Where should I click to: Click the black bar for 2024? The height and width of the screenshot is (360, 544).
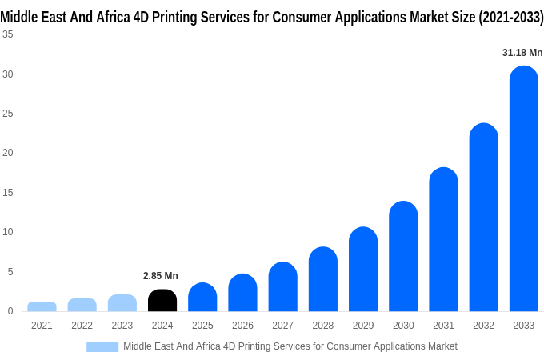(162, 301)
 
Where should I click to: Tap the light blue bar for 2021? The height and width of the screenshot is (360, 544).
(42, 306)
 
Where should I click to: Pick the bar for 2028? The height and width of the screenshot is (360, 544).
(322, 279)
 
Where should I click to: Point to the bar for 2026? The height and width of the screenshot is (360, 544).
(242, 293)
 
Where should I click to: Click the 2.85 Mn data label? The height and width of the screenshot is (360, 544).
(161, 276)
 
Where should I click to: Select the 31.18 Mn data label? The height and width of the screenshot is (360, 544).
(522, 53)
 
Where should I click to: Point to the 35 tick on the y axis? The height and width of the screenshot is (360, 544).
(7, 34)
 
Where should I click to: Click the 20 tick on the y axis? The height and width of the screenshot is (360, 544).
(7, 153)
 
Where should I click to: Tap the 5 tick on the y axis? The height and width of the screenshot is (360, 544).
(10, 272)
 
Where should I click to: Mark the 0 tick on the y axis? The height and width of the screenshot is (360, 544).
(10, 311)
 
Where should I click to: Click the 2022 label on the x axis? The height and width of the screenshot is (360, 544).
(82, 326)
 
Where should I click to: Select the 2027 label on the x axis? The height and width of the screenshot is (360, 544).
(282, 326)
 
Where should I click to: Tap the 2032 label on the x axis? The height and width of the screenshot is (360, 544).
(483, 326)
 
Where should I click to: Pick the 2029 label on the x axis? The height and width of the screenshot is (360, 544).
(362, 326)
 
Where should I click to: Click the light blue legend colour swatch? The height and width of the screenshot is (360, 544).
(102, 346)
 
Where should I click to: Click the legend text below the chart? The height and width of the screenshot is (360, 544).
(290, 346)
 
